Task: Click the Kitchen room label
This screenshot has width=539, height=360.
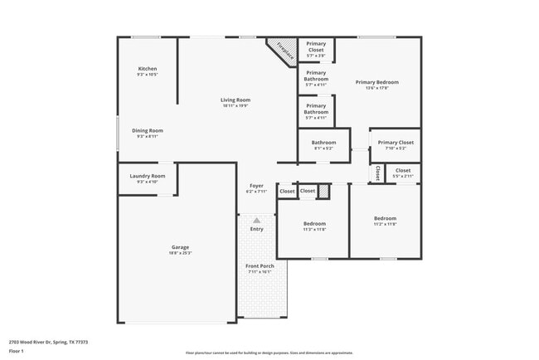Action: tap(148, 69)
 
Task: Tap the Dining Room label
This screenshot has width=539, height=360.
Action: tap(148, 130)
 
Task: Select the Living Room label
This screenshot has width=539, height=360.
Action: tap(236, 100)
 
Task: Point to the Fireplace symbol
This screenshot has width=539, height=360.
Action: tap(283, 50)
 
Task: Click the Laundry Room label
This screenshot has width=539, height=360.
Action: tap(148, 176)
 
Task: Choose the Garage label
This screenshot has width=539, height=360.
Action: tap(180, 247)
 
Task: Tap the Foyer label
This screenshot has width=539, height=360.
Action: tap(256, 186)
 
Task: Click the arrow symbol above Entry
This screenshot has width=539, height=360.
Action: tap(257, 221)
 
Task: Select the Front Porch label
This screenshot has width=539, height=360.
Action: tap(260, 265)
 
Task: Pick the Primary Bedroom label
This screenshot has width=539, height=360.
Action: tap(377, 82)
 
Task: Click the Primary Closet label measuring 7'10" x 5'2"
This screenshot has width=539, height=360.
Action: tap(395, 143)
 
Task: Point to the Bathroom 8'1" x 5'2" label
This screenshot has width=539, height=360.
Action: tap(323, 143)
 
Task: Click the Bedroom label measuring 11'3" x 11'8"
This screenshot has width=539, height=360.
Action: tap(314, 224)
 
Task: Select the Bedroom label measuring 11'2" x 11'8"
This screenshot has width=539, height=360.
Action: tap(385, 218)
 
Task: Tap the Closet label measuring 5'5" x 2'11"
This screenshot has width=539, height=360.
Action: tap(403, 171)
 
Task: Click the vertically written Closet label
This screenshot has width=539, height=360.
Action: tap(376, 173)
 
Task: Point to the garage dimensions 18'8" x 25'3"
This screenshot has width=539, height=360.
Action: tap(180, 253)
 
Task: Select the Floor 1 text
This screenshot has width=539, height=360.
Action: tap(17, 350)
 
